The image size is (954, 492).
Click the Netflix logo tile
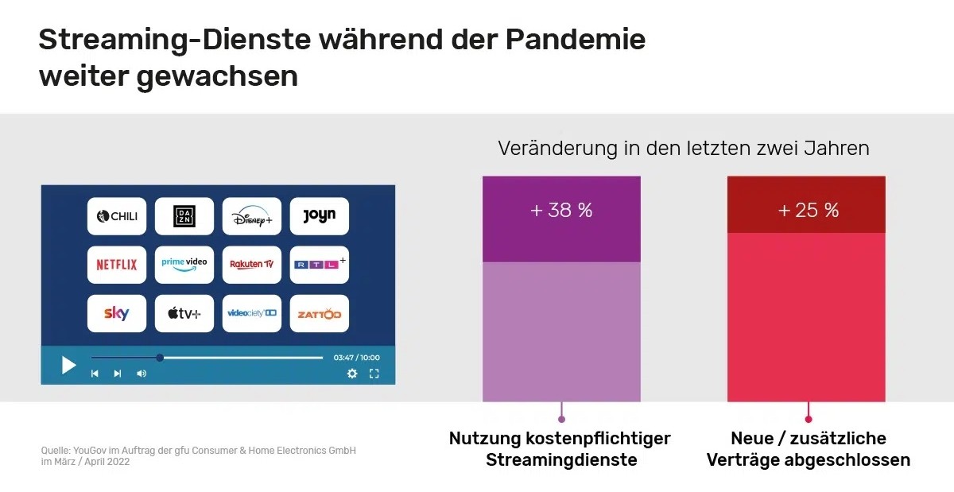click(117, 265)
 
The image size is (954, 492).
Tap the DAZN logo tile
click(184, 216)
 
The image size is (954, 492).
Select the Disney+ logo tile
click(252, 216)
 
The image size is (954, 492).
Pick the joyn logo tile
click(320, 216)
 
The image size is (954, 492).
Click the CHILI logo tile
click(117, 216)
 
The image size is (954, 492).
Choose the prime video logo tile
click(184, 265)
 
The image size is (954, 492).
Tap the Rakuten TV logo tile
click(252, 265)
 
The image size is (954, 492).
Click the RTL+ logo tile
click(320, 265)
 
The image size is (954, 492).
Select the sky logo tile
click(117, 313)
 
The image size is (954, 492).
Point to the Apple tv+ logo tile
click(184, 313)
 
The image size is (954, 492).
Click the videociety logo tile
click(252, 313)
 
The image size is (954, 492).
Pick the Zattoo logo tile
click(320, 313)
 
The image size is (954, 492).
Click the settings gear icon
click(352, 374)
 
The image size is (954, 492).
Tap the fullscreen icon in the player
click(374, 374)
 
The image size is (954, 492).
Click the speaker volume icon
click(142, 374)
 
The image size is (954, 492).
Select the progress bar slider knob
click(160, 358)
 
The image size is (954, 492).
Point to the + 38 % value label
click(561, 210)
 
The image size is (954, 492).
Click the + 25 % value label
click(809, 210)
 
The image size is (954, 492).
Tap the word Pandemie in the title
click(576, 39)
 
